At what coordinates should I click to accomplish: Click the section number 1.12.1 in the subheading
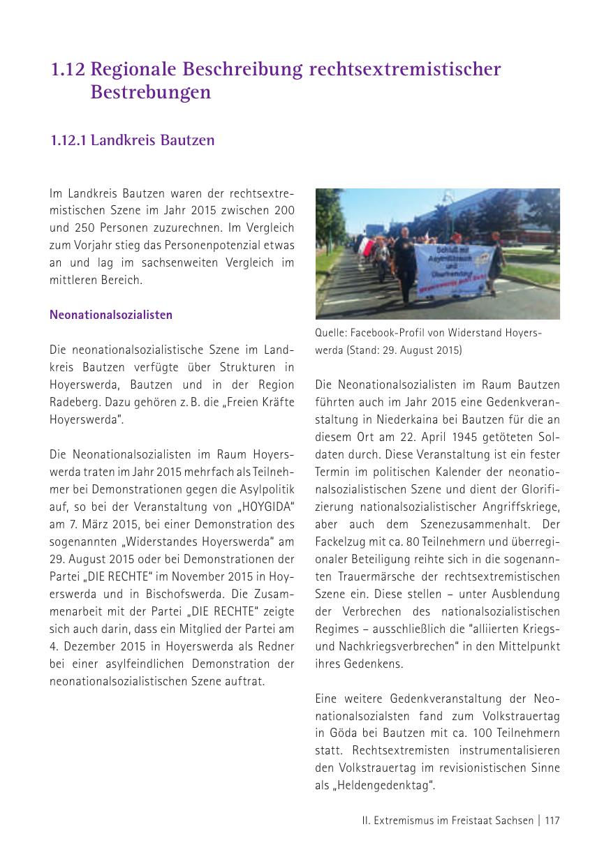pos(68,140)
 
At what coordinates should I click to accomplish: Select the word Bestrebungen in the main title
pos(151,92)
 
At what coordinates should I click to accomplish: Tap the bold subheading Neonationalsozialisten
pos(111,315)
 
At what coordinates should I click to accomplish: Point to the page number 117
pos(552,821)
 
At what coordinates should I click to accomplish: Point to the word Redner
pos(277,646)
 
